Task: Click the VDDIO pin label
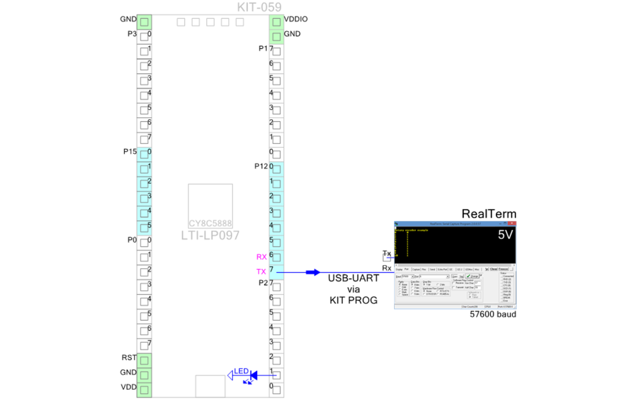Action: click(x=296, y=20)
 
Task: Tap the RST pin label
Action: click(x=129, y=358)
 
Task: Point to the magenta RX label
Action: click(x=262, y=257)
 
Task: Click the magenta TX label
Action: click(x=261, y=272)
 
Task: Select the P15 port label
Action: click(x=130, y=152)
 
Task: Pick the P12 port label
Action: click(x=261, y=167)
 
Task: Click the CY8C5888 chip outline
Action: click(x=211, y=206)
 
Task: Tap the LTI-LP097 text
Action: click(x=211, y=235)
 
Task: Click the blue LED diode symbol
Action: click(x=254, y=375)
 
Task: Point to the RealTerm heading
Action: click(x=488, y=214)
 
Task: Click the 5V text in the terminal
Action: click(x=505, y=235)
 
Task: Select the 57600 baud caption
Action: click(x=493, y=314)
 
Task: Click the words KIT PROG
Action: click(x=353, y=300)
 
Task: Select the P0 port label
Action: click(x=131, y=240)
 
